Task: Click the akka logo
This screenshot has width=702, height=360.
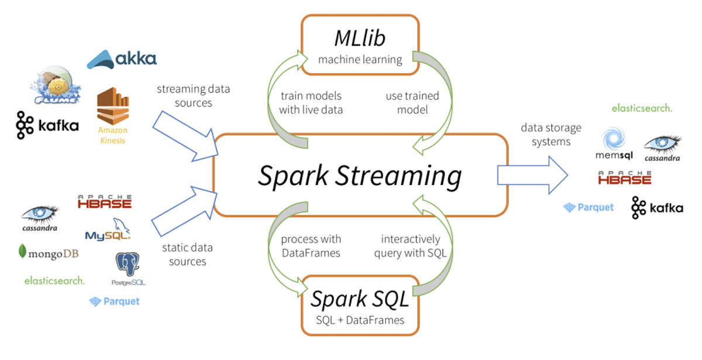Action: tap(122, 59)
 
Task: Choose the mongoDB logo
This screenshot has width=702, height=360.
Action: tap(49, 253)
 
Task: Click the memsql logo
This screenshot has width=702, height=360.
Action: tap(614, 146)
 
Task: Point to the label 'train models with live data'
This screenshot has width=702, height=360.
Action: tap(311, 102)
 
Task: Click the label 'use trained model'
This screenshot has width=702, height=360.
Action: tap(412, 102)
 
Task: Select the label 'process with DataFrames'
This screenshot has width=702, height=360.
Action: tap(311, 246)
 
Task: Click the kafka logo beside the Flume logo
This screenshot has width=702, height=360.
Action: tap(47, 124)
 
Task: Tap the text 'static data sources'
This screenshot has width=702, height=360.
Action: tap(188, 254)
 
